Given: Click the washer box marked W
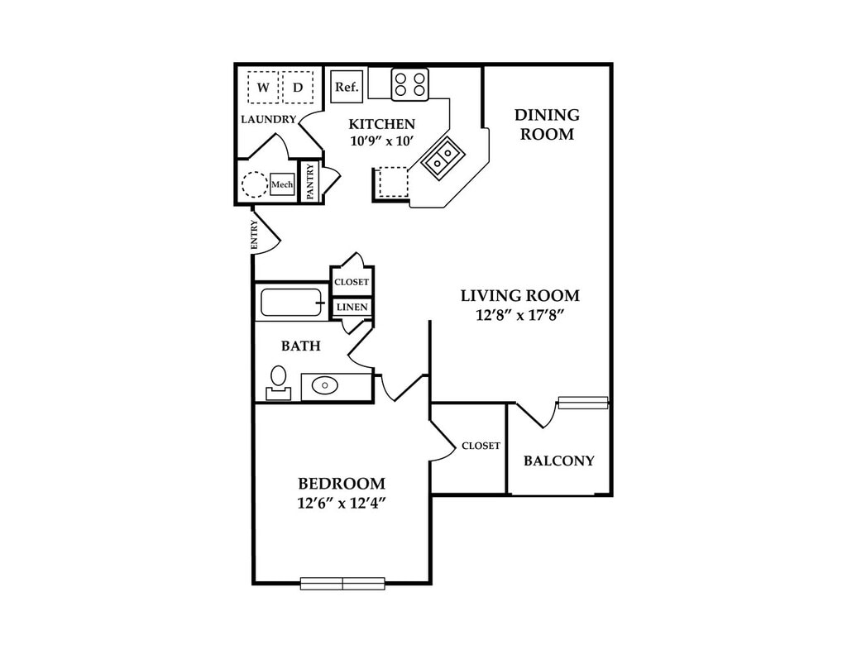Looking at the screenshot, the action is coord(263,87).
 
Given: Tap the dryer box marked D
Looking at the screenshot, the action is coord(298,87).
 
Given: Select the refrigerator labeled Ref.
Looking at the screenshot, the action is coord(345,86).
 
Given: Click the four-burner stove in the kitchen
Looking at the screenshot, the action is coord(410,84).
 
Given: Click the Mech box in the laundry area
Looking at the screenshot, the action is coord(282,184).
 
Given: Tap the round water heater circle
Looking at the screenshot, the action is coord(254,184).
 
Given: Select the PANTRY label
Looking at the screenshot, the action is coord(310,182).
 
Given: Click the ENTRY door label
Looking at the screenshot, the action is coord(255,235).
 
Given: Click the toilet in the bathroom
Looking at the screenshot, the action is coord(278,381).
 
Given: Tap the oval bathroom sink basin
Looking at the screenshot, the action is coord(324,385).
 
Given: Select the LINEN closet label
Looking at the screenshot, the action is coord(352,308).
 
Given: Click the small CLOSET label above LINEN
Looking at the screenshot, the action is coord(352,282).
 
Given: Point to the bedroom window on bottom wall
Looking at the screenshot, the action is coord(342,583).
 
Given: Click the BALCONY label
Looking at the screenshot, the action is coord(559,461).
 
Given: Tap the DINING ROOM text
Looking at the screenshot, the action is coord(547,124).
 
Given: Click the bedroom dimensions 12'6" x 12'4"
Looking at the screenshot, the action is coord(342,503).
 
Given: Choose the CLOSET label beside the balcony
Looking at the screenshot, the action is coord(481,446).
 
